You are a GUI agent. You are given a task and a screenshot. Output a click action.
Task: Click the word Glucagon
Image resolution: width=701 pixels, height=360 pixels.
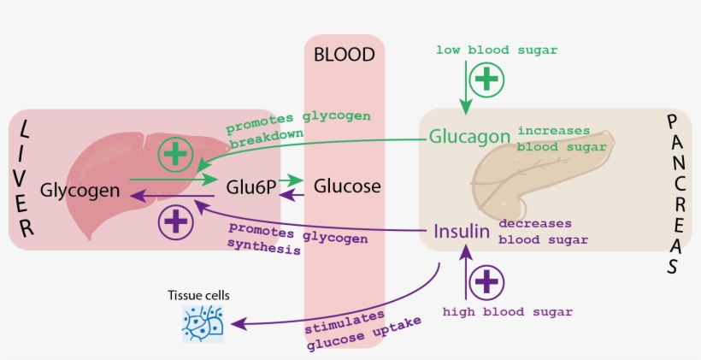[x=469, y=137]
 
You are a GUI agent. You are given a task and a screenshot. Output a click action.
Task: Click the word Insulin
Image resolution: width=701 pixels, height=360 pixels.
[x=461, y=231]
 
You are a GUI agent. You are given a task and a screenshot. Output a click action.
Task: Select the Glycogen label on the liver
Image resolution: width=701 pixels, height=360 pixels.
[x=80, y=189]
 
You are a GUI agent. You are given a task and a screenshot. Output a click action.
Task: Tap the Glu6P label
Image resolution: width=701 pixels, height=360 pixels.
[x=251, y=186]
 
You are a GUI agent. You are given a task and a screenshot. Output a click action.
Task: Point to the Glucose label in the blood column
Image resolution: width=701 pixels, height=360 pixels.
[x=347, y=186]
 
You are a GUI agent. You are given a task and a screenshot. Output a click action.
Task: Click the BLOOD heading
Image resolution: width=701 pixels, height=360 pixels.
[x=344, y=56]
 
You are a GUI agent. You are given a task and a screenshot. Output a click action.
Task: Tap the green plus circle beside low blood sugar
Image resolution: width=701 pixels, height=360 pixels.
[x=486, y=79]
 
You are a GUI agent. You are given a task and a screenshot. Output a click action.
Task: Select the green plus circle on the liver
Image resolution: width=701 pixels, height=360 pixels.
[x=175, y=154]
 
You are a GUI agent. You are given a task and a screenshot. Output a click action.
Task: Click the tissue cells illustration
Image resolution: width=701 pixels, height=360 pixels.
[x=203, y=323]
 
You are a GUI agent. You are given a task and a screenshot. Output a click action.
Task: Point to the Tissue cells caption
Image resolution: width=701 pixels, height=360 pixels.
[x=198, y=296]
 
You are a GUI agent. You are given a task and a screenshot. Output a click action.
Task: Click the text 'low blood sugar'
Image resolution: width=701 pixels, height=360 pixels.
[x=496, y=50]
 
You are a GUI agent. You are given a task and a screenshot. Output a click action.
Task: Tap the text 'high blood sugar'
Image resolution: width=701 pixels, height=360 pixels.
[x=507, y=312]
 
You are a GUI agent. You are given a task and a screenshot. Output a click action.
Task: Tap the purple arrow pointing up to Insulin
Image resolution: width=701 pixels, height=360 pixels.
[x=464, y=274]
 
